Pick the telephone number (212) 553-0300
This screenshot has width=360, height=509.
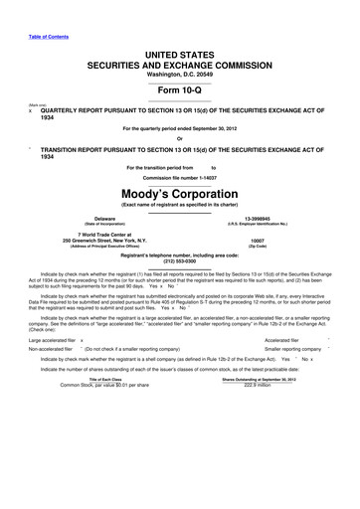[x=179, y=262]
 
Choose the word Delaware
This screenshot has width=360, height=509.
[x=103, y=217]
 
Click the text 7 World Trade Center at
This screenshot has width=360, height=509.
[x=103, y=234]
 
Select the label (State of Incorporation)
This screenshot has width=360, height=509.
[x=103, y=223]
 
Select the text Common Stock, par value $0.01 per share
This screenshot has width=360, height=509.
[x=104, y=414]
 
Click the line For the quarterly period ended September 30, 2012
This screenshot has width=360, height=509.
[x=179, y=128]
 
